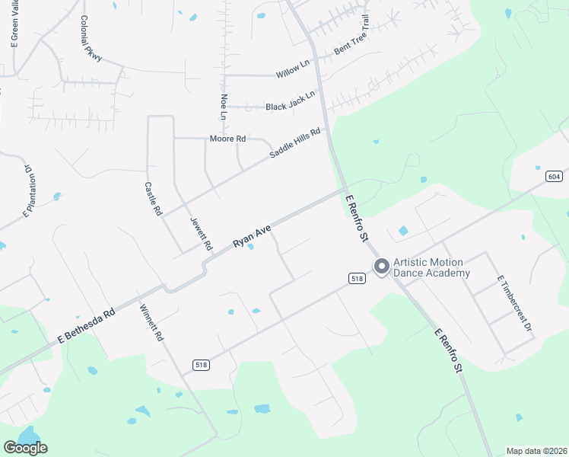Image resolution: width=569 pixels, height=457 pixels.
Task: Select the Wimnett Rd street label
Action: (152, 323)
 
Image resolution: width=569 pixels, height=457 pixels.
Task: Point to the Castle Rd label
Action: (154, 198)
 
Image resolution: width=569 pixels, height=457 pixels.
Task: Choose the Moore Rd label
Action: (228, 139)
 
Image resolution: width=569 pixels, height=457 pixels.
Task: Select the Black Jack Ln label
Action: (290, 106)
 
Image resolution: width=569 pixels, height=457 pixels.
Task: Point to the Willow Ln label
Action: (293, 70)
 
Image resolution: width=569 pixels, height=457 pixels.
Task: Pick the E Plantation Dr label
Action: (30, 190)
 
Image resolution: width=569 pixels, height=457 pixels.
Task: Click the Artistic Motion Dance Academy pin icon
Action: (381, 267)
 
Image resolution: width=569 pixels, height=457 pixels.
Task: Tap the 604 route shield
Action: (554, 177)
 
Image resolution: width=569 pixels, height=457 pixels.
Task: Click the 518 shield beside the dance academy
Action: (358, 279)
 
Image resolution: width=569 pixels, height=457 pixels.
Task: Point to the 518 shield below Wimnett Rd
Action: (201, 365)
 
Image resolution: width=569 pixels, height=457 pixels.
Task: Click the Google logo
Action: (26, 448)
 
